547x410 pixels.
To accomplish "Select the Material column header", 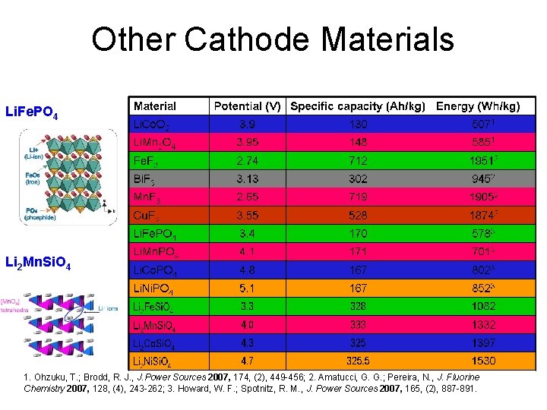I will tap(154, 106).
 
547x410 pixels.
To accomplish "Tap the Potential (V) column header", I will tap(248, 106).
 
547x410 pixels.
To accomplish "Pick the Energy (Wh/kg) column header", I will tap(478, 106).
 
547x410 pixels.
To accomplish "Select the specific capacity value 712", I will tap(358, 160).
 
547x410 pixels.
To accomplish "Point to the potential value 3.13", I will tap(248, 178).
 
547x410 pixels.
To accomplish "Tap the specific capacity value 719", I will tap(358, 197).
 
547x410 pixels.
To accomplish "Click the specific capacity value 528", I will tap(358, 215).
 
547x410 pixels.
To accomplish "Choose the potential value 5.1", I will tap(248, 288).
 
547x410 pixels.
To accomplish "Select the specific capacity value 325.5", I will tap(358, 361).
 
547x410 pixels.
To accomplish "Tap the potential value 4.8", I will tap(248, 270).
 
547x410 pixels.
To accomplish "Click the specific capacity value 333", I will tap(358, 324).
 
